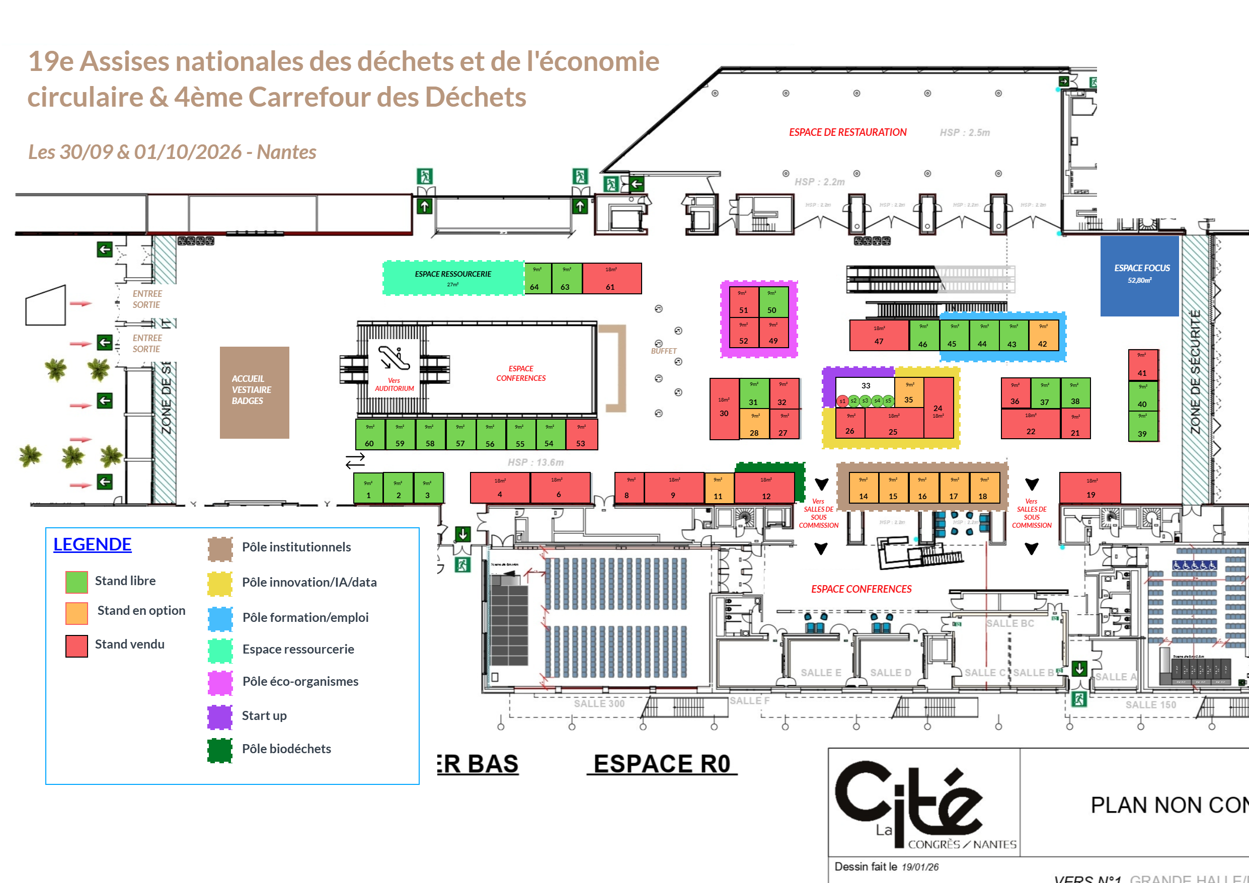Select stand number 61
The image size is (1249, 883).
pyautogui.click(x=611, y=279)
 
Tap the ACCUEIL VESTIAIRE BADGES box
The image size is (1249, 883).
pyautogui.click(x=254, y=392)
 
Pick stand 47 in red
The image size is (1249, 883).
pyautogui.click(x=879, y=335)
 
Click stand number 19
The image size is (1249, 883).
pyautogui.click(x=1089, y=488)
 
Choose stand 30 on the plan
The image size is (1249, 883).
pyautogui.click(x=724, y=408)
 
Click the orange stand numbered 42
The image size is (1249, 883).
pyautogui.click(x=1043, y=336)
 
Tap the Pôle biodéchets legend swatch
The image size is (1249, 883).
pyautogui.click(x=220, y=750)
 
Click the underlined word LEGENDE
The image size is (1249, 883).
pyautogui.click(x=93, y=544)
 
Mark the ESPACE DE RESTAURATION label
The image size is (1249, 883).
pyautogui.click(x=847, y=132)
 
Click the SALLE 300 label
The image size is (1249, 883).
pyautogui.click(x=599, y=703)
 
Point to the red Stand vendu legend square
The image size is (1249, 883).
pyautogui.click(x=76, y=646)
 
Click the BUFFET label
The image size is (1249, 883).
pyautogui.click(x=663, y=351)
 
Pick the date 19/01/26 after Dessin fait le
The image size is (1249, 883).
pyautogui.click(x=920, y=867)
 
